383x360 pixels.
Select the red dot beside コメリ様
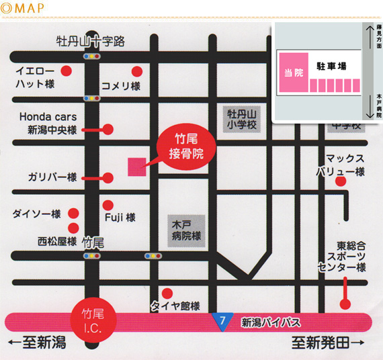click(x=138, y=71)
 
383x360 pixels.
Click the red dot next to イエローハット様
click(x=66, y=71)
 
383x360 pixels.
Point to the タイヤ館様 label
click(x=175, y=306)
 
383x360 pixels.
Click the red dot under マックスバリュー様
click(x=341, y=181)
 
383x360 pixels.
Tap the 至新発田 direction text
click(x=328, y=344)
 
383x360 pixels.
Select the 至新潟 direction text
click(x=38, y=344)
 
